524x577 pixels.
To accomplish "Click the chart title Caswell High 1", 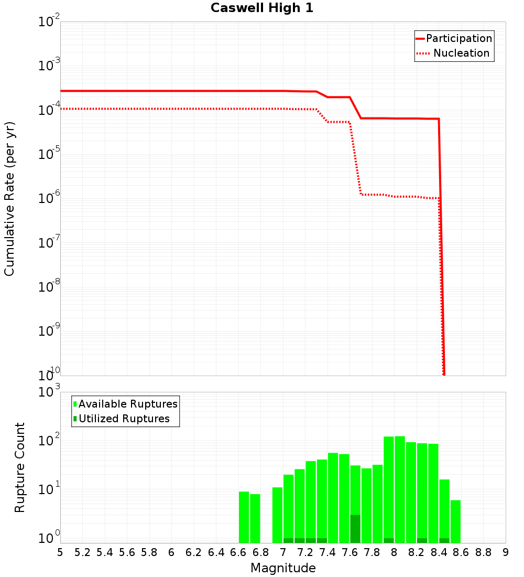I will pos(261,8).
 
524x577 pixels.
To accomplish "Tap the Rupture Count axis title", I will pos(20,467).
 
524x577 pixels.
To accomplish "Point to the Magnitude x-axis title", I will pos(283,568).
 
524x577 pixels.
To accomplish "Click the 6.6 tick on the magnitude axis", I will pos(238,552).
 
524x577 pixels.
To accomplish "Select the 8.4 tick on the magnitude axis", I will pos(439,552).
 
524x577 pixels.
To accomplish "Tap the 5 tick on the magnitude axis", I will pos(60,552).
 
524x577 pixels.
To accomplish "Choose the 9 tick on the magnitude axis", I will pos(506,552).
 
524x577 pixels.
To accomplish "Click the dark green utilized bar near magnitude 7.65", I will pos(355,529).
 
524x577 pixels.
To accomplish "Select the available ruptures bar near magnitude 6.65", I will pos(244,517).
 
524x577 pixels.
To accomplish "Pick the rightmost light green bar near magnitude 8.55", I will pos(455,521).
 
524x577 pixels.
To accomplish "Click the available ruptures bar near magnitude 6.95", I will pos(277,515).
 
